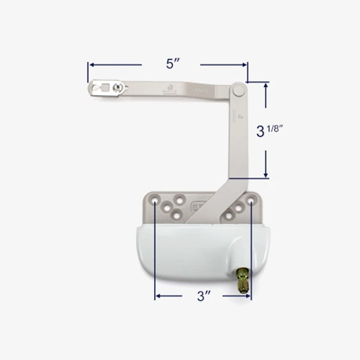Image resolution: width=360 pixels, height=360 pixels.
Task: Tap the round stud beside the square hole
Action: pos(117,86)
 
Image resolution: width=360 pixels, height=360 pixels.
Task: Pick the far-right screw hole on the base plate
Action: pos(251,202)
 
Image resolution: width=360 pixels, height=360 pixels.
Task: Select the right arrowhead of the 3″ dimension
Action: pos(248,296)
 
